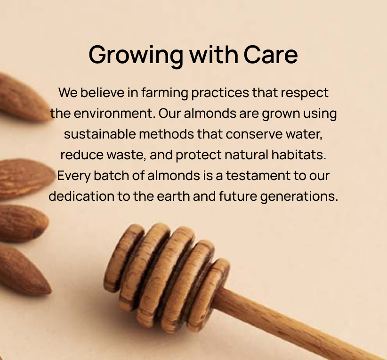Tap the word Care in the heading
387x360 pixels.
[x=271, y=55]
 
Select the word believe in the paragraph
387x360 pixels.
[x=102, y=93]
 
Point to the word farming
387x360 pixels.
[x=165, y=93]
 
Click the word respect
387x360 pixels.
[x=305, y=94]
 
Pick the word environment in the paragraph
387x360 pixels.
[x=114, y=114]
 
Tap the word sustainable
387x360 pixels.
[x=100, y=134]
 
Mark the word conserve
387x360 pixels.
[x=254, y=135]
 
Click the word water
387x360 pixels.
[x=304, y=135]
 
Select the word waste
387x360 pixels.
[x=126, y=155]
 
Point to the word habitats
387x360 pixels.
[x=298, y=155]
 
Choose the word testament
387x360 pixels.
[x=258, y=176]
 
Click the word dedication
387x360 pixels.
[x=81, y=196]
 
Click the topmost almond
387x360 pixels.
[x=24, y=98]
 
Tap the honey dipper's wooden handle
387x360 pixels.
[x=296, y=324]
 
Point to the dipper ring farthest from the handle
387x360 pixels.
[x=124, y=257]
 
